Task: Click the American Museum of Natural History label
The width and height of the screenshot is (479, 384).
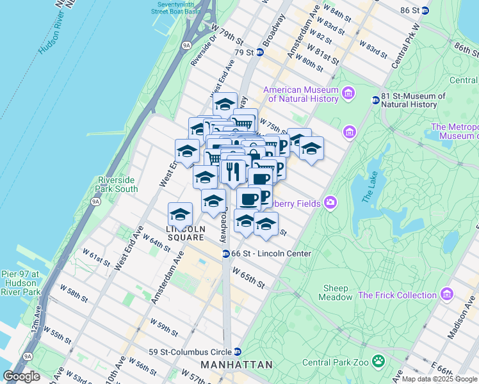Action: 300,94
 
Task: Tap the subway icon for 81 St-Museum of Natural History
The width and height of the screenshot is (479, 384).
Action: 376,100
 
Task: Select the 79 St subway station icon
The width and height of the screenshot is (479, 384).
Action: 260,52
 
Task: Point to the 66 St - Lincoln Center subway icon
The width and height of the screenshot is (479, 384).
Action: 226,253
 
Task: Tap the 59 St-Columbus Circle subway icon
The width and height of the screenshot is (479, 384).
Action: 238,351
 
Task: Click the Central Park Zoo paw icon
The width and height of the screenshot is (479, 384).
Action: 379,362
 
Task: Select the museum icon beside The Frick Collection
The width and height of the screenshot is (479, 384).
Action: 447,295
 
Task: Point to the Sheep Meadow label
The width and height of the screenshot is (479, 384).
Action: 336,292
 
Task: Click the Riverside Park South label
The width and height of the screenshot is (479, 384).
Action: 117,184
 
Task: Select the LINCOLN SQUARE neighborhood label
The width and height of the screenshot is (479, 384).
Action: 185,233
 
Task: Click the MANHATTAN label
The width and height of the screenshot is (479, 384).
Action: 237,364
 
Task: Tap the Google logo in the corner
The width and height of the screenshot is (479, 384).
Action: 22,376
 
